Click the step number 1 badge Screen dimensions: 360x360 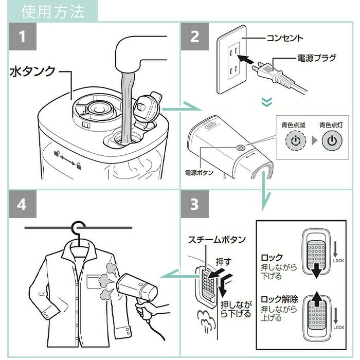(x=22, y=37)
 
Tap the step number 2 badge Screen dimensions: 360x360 (x=194, y=37)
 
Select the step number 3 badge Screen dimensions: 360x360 (x=194, y=204)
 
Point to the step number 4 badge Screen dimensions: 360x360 (x=22, y=204)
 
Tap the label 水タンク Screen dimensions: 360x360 (x=32, y=71)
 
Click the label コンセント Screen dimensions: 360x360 (x=285, y=38)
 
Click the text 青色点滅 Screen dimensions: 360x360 (x=292, y=125)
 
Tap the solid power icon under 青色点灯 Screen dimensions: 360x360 (x=333, y=140)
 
